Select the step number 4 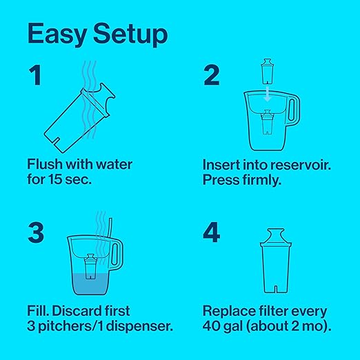click(x=212, y=232)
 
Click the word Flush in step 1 click(x=45, y=165)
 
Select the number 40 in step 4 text click(x=212, y=326)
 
